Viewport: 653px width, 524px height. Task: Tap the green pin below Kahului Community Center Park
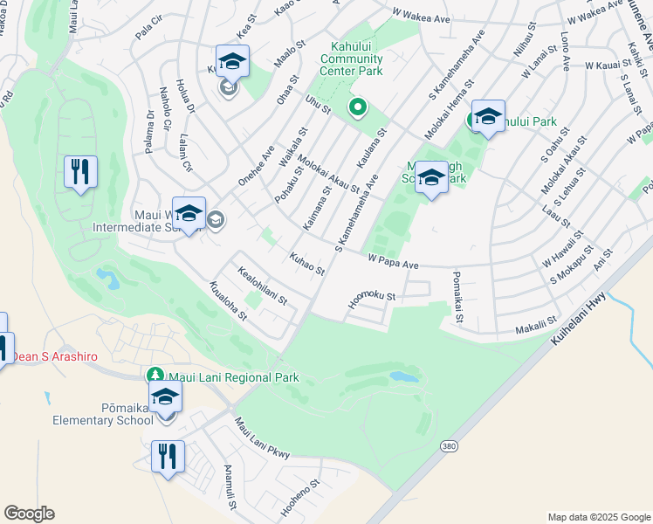point(357,108)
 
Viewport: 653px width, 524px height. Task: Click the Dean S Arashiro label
point(49,356)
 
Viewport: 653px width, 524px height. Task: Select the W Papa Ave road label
point(394,259)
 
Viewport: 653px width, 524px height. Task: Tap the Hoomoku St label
point(371,297)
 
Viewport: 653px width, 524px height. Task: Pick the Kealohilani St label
point(262,287)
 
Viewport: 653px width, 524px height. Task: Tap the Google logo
point(29,514)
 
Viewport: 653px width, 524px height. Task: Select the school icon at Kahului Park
point(488,116)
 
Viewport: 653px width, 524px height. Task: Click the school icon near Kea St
point(232,61)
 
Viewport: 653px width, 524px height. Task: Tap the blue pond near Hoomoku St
point(404,377)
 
